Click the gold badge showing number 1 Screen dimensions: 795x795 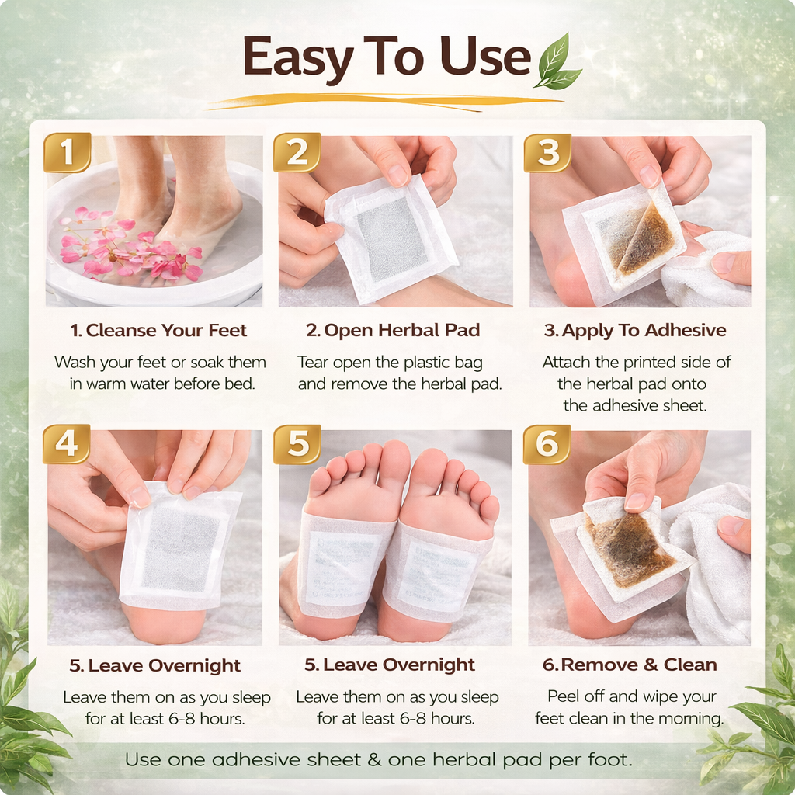pos(67,152)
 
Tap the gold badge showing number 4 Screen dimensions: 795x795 pos(67,444)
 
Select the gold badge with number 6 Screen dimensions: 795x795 pos(547,444)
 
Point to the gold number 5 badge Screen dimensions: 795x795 pos(297,444)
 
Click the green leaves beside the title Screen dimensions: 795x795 pos(557,62)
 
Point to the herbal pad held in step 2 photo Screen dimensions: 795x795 pos(391,236)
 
